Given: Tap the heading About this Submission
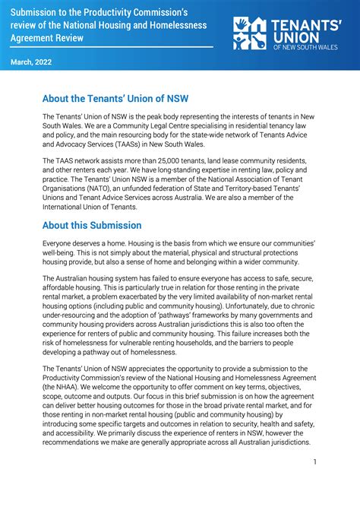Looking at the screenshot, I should [92, 225].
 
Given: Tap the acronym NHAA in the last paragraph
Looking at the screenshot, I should [63, 385].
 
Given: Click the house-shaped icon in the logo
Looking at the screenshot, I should [250, 34].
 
